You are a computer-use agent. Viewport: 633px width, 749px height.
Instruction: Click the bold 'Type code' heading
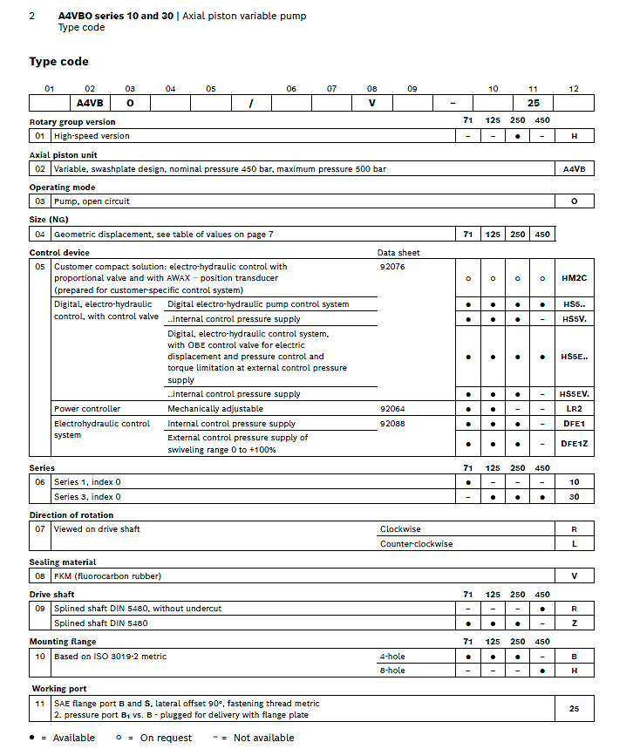coord(58,61)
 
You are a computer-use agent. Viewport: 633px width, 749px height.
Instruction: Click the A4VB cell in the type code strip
coord(90,103)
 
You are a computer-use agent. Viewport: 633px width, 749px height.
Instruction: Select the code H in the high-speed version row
coord(574,136)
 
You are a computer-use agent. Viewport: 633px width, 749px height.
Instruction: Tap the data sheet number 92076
coord(392,266)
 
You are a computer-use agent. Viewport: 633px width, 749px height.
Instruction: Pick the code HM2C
coord(574,278)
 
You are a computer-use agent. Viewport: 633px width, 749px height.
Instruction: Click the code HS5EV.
coord(574,394)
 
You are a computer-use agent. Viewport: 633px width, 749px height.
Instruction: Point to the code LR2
coord(574,408)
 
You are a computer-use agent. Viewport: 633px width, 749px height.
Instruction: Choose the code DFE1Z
coord(574,443)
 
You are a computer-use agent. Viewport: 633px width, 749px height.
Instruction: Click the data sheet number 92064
coord(392,408)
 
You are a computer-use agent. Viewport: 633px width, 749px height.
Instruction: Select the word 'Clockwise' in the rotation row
coord(400,529)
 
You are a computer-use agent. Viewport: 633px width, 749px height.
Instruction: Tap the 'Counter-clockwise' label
coord(416,544)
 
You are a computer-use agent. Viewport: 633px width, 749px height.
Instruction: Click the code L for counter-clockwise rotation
coord(574,544)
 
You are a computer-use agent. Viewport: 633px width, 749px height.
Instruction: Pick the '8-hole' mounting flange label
coord(392,671)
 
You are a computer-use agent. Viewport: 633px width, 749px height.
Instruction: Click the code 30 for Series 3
coord(574,496)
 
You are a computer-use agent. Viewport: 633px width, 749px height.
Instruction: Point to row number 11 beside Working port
coord(40,704)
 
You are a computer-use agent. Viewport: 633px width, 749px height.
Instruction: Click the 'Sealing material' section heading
coord(63,562)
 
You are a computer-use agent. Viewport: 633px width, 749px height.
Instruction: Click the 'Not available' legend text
coord(264,738)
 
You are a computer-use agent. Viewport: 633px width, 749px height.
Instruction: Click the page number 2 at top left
coord(32,16)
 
